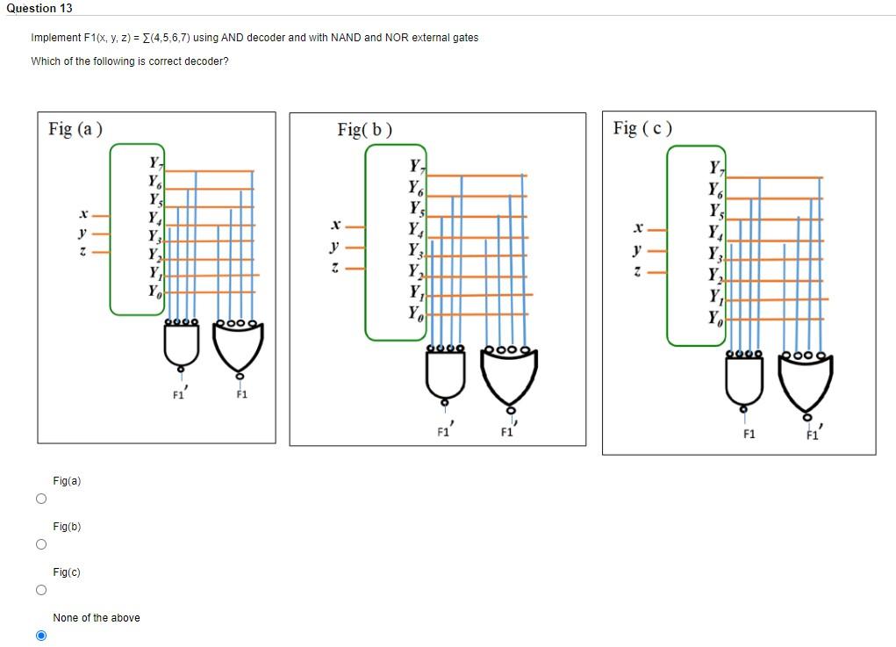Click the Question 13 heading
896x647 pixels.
(x=39, y=8)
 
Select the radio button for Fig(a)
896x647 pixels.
(x=40, y=499)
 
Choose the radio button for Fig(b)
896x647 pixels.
(x=40, y=544)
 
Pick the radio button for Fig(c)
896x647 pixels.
(x=40, y=590)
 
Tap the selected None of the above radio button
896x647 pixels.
(x=40, y=636)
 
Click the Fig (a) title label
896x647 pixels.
(x=75, y=129)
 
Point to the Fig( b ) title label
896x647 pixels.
(x=364, y=130)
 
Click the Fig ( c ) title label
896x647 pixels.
(x=642, y=128)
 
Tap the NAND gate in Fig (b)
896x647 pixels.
(x=445, y=373)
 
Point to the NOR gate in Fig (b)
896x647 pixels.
(x=508, y=375)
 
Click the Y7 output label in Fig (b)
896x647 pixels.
(x=417, y=167)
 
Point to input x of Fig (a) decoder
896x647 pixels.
(x=82, y=213)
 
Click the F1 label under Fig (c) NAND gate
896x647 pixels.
(x=749, y=434)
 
